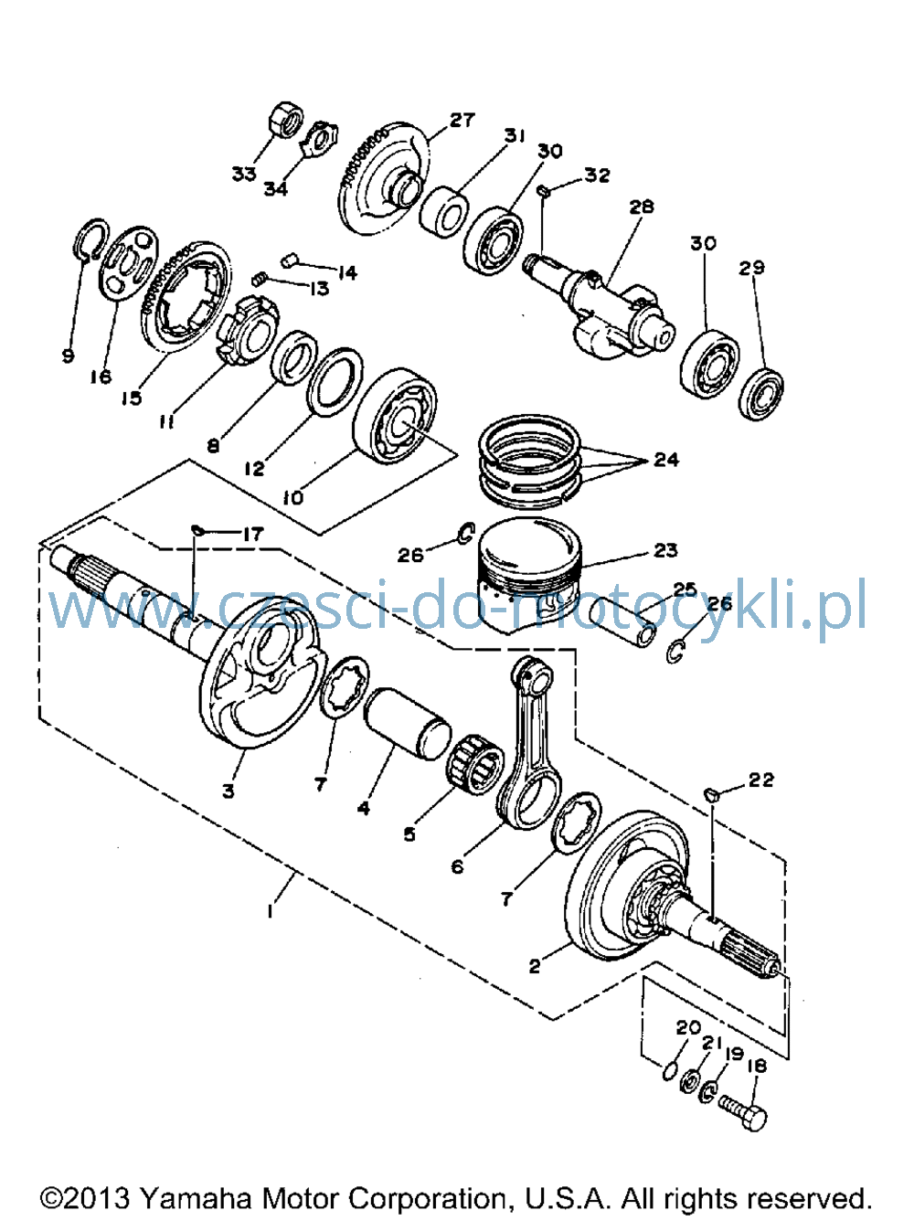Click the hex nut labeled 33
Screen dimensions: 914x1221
click(286, 119)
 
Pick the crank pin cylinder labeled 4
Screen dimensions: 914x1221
click(406, 724)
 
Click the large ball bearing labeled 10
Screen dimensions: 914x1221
click(396, 416)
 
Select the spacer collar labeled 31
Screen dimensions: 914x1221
click(443, 213)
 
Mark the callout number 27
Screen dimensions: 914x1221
click(462, 120)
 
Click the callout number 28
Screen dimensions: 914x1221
click(642, 207)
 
